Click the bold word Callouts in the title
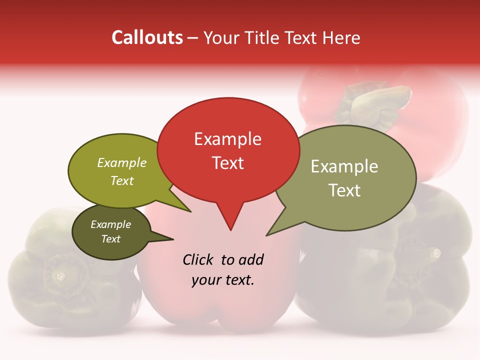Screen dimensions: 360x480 tap(147, 37)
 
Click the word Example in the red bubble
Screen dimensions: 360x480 tap(227, 139)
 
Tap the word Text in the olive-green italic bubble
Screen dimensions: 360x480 tap(122, 180)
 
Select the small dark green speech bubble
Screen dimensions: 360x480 tap(111, 231)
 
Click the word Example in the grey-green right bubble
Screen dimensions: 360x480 tap(344, 166)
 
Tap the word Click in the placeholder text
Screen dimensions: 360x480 tap(198, 259)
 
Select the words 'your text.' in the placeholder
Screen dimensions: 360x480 tap(223, 280)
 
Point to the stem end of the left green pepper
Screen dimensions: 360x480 tap(60, 275)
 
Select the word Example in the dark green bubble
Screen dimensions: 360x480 tap(111, 224)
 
